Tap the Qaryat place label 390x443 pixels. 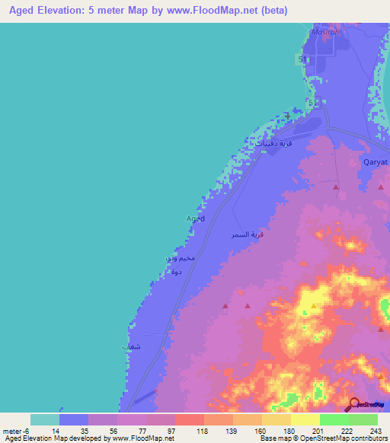[375, 162]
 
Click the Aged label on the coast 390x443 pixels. [195, 218]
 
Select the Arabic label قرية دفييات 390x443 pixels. [275, 143]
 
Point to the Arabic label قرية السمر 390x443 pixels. [248, 236]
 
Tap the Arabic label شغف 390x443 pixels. [130, 346]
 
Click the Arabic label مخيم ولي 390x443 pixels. [181, 259]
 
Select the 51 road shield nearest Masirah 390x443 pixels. [302, 59]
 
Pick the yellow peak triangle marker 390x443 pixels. [313, 306]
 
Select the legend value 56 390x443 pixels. [103, 429]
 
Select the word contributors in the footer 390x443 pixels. [369, 438]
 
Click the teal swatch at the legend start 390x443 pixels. [44, 419]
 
